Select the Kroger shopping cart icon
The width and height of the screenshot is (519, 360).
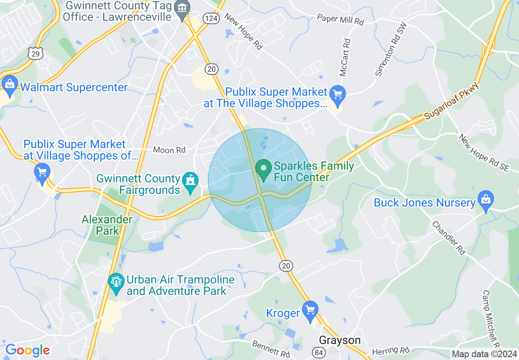[x=310, y=310]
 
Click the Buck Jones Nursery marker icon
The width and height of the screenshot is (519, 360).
[x=485, y=201]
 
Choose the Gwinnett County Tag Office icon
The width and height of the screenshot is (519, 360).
[x=181, y=9]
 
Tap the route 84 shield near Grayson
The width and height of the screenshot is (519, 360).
[x=319, y=351]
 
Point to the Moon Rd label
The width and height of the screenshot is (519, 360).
[x=169, y=150]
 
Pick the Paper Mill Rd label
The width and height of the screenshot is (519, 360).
[x=340, y=19]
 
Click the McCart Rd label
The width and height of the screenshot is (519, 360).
[x=345, y=57]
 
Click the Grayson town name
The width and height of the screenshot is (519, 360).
[x=340, y=340]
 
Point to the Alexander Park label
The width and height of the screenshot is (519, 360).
[x=107, y=225]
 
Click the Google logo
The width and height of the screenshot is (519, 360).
[x=27, y=350]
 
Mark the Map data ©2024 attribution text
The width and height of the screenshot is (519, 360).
[x=485, y=354]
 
